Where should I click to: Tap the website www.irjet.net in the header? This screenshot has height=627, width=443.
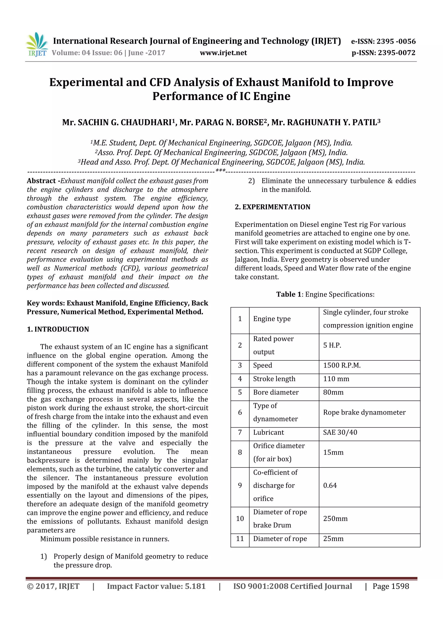(223, 53)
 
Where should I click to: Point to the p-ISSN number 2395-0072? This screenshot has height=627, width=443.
(396, 53)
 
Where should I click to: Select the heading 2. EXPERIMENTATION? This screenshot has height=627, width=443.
(272, 207)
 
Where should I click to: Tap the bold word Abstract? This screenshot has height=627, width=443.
(41, 181)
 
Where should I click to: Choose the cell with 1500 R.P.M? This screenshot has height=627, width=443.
(342, 365)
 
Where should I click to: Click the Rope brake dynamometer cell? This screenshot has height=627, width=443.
(364, 412)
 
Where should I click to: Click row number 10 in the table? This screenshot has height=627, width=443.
(240, 519)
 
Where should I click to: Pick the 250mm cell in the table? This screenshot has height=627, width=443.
(335, 519)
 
